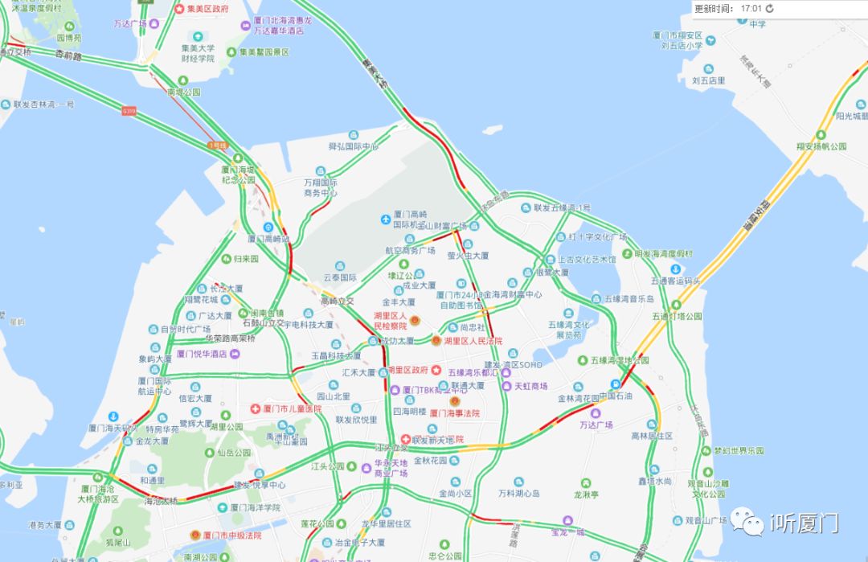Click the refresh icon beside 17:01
click(x=769, y=9)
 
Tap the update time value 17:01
click(x=751, y=9)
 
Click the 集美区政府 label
click(x=207, y=9)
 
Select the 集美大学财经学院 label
click(x=198, y=53)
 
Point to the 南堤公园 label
click(x=183, y=92)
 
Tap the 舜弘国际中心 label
click(x=353, y=147)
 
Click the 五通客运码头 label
click(x=675, y=281)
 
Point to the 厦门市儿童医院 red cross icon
click(x=256, y=408)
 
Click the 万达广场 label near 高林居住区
click(x=596, y=425)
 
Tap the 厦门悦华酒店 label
click(x=201, y=353)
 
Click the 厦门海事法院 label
click(x=454, y=412)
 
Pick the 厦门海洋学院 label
click(x=255, y=507)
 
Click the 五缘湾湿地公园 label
click(x=619, y=361)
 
